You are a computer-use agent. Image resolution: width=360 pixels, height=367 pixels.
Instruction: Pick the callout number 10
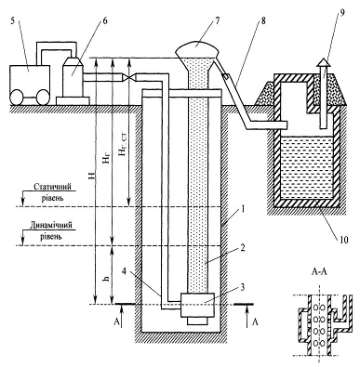click(x=344, y=240)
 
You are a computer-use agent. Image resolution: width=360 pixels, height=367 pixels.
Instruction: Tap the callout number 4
click(x=124, y=270)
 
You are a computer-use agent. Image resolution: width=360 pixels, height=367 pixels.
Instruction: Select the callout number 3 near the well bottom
click(x=242, y=287)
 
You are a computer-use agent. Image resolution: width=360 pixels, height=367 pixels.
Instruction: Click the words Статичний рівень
click(x=52, y=192)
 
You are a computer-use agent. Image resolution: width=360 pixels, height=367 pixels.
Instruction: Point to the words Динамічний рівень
click(x=51, y=230)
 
